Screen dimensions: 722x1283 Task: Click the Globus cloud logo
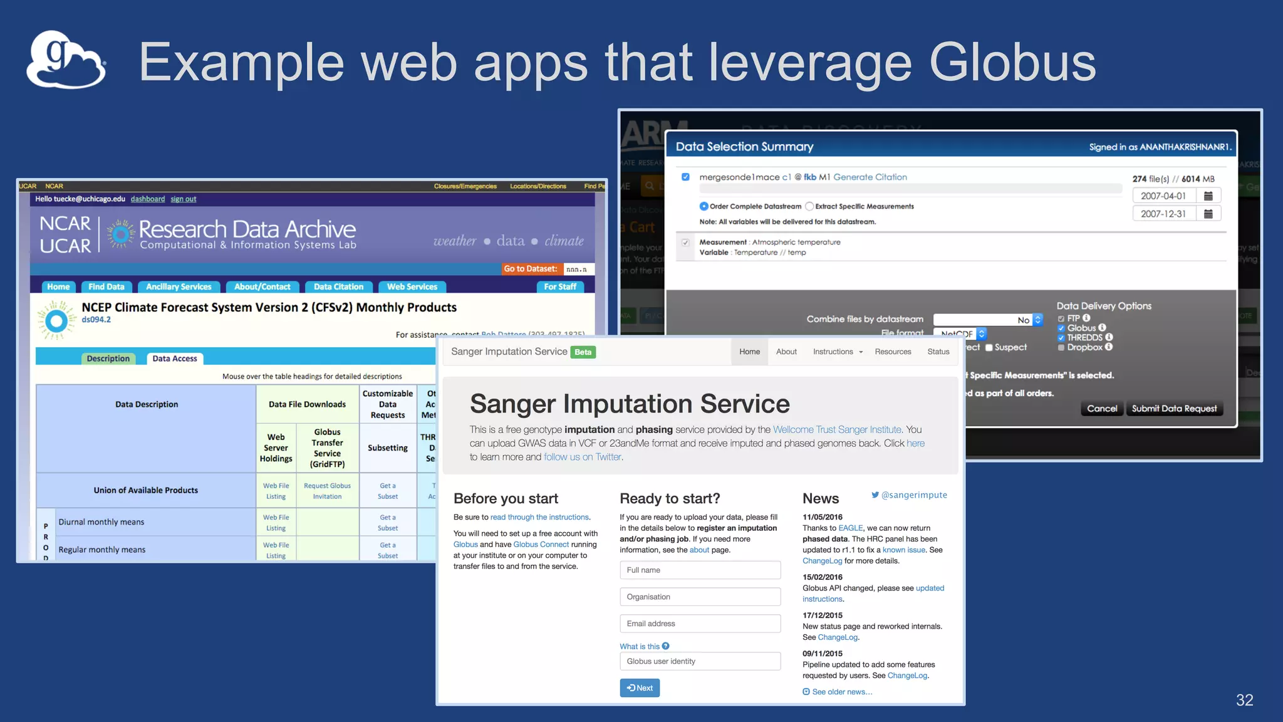coord(65,60)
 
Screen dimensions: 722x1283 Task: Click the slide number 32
coord(1244,700)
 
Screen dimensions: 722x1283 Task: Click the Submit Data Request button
coord(1173,409)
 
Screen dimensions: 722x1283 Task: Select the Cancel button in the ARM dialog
coord(1101,409)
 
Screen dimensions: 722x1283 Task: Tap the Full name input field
coord(700,570)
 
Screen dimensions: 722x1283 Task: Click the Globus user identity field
coord(700,661)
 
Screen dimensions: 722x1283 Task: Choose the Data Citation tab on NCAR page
coord(338,287)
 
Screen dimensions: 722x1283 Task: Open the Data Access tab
coord(175,358)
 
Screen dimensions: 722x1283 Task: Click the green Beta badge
coord(583,352)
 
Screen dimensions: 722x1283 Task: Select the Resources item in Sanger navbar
coord(893,352)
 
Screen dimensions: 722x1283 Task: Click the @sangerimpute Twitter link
coord(909,495)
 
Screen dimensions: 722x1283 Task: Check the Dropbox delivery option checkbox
coord(1061,348)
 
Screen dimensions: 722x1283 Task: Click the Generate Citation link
coord(870,177)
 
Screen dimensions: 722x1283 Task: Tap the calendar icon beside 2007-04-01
coord(1208,196)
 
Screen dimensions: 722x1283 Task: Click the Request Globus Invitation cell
coord(327,491)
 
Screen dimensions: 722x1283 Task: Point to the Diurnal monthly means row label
coord(101,522)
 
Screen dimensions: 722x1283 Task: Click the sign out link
coord(183,199)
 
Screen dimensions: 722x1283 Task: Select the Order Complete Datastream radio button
coord(704,207)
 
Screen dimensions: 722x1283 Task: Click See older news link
coord(841,692)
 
